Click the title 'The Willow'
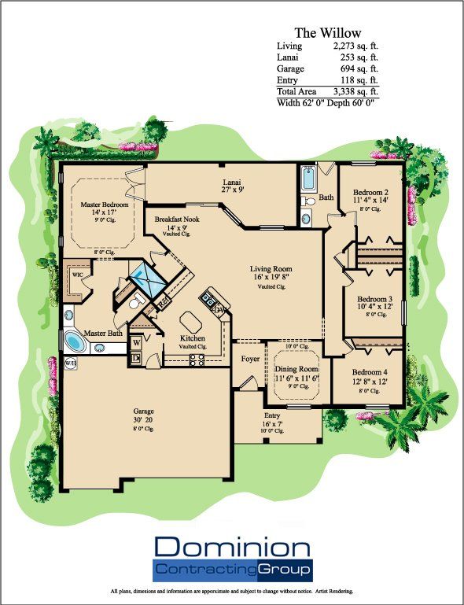pyautogui.click(x=327, y=33)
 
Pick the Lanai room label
pyautogui.click(x=232, y=182)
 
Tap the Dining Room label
pyautogui.click(x=296, y=368)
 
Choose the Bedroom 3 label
pyautogui.click(x=375, y=299)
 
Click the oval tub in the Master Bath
pyautogui.click(x=77, y=343)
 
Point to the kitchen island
pyautogui.click(x=190, y=322)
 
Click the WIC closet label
pyautogui.click(x=77, y=276)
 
